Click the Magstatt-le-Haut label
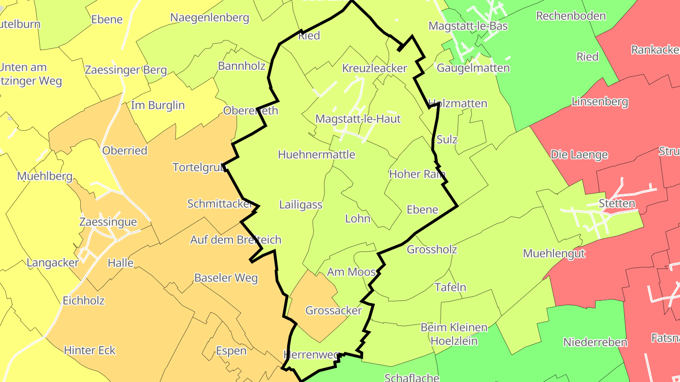pos(357,119)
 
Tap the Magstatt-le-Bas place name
pos(467,25)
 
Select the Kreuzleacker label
pos(374,68)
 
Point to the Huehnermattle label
pos(316,155)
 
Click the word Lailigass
pos(300,205)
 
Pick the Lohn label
pos(357,219)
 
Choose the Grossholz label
pos(432,249)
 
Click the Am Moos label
pos(351,272)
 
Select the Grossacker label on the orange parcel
pos(333,310)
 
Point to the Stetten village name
pos(617,204)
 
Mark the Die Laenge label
pos(579,155)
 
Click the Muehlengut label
pos(554,253)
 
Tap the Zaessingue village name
pos(108,222)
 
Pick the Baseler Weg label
pos(226,277)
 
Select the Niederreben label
pos(595,342)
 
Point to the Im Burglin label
pos(158,105)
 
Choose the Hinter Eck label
pos(90,350)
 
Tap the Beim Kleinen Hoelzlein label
pos(454,334)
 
